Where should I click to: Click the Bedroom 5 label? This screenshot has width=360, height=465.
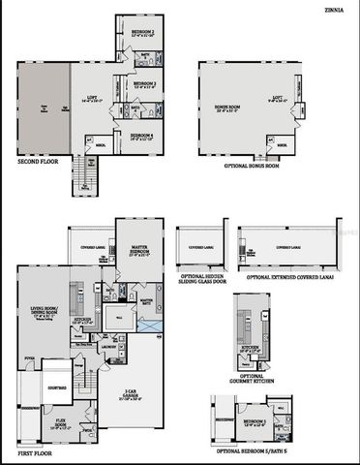click(255, 423)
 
